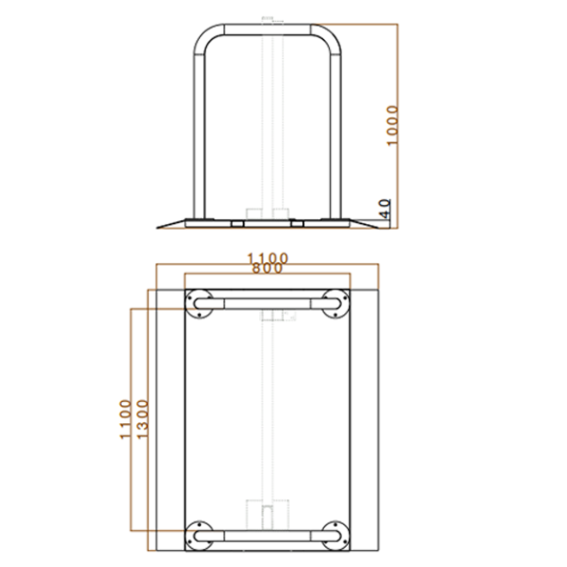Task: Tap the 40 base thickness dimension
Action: pos(383,209)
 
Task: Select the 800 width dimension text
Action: pos(267,270)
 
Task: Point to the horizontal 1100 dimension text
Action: pos(267,258)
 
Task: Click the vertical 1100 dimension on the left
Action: pos(125,419)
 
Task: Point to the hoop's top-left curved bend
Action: pos(205,36)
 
